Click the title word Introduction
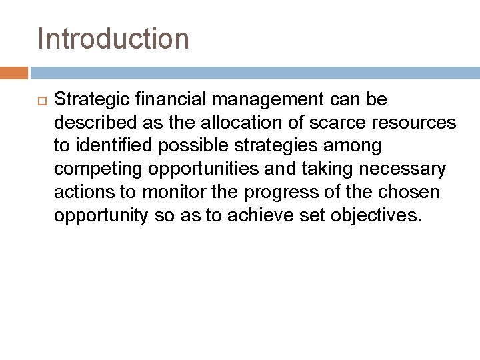click(114, 39)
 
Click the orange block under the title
click(14, 73)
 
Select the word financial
click(167, 100)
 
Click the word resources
click(417, 123)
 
